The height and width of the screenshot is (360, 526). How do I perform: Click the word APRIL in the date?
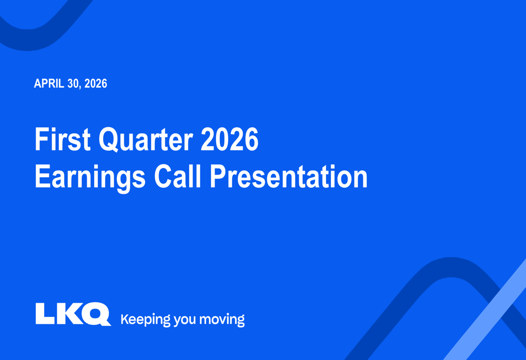click(49, 84)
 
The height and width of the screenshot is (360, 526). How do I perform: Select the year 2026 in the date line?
click(96, 84)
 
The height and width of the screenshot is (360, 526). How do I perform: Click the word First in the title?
click(63, 139)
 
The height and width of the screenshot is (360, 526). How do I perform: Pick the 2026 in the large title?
click(229, 139)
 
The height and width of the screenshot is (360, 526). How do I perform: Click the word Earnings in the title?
click(90, 178)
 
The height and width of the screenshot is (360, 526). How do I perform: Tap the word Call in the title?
click(177, 176)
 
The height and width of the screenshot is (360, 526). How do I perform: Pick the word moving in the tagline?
click(222, 320)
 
